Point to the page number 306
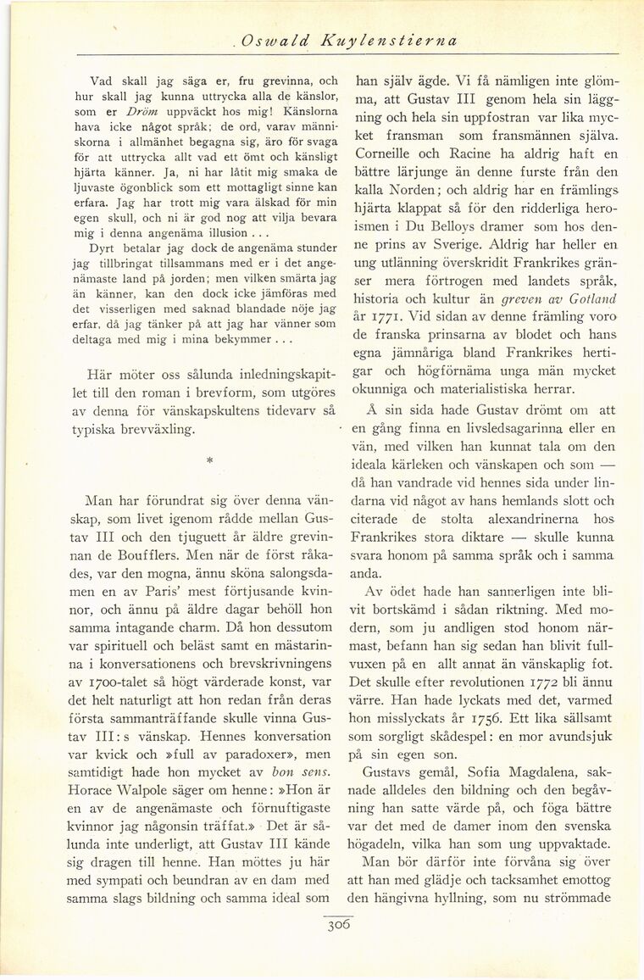[x=339, y=924]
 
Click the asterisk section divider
[x=208, y=460]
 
